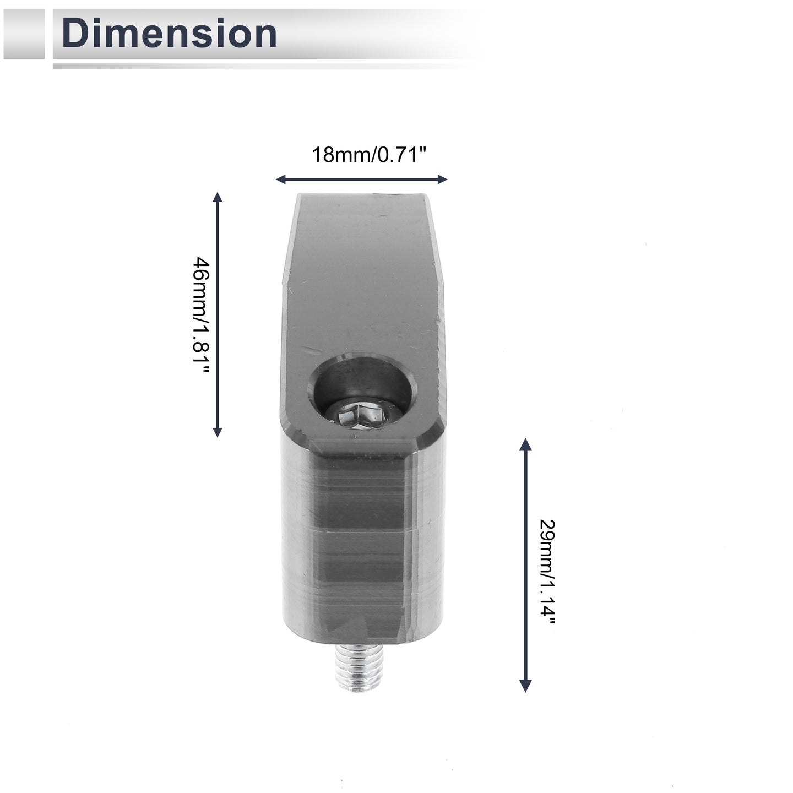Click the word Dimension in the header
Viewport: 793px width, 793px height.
[x=169, y=34]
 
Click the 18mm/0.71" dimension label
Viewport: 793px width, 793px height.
[x=369, y=155]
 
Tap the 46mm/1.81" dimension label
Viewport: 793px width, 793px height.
[x=202, y=315]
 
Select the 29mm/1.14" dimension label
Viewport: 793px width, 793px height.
[x=547, y=578]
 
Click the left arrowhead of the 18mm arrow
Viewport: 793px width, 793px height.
[x=280, y=179]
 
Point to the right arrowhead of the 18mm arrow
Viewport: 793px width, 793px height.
[x=442, y=179]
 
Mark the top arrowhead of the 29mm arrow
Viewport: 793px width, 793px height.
[x=525, y=444]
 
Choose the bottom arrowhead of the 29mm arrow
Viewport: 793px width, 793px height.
[x=525, y=686]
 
